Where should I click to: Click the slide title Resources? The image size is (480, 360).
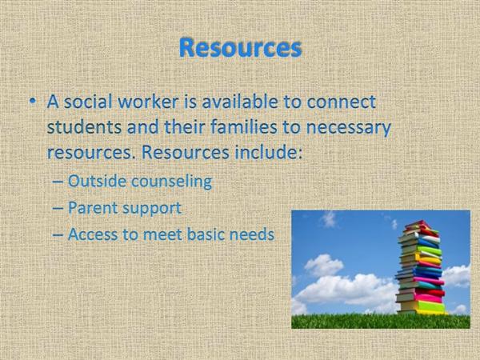click(x=241, y=48)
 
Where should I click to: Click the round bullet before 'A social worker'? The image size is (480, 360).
click(x=33, y=101)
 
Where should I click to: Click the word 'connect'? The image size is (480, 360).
click(x=341, y=102)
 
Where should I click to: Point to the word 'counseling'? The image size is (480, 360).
click(x=171, y=182)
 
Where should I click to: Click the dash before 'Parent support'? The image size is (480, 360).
click(x=58, y=208)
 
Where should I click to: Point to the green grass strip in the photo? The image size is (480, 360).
click(x=381, y=321)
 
